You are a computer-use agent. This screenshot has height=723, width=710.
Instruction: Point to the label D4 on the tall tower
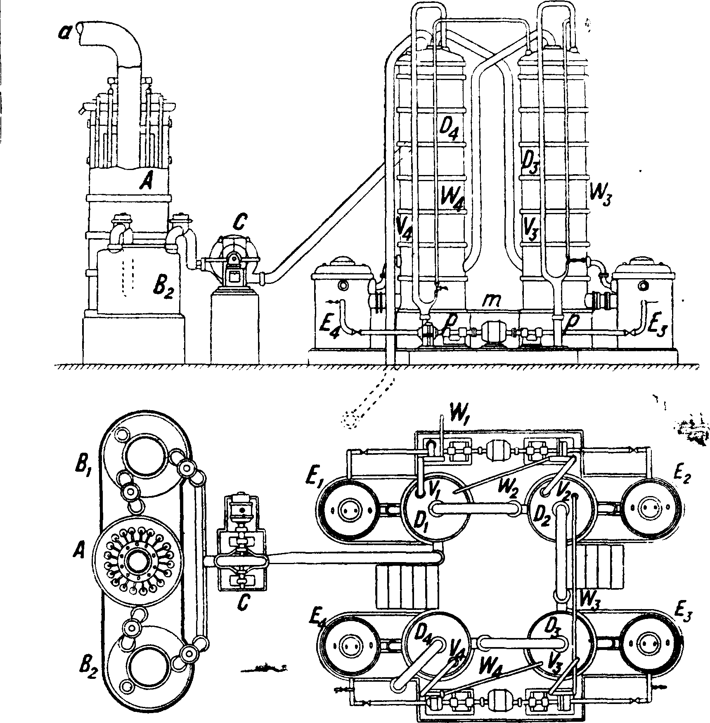tap(448, 131)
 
